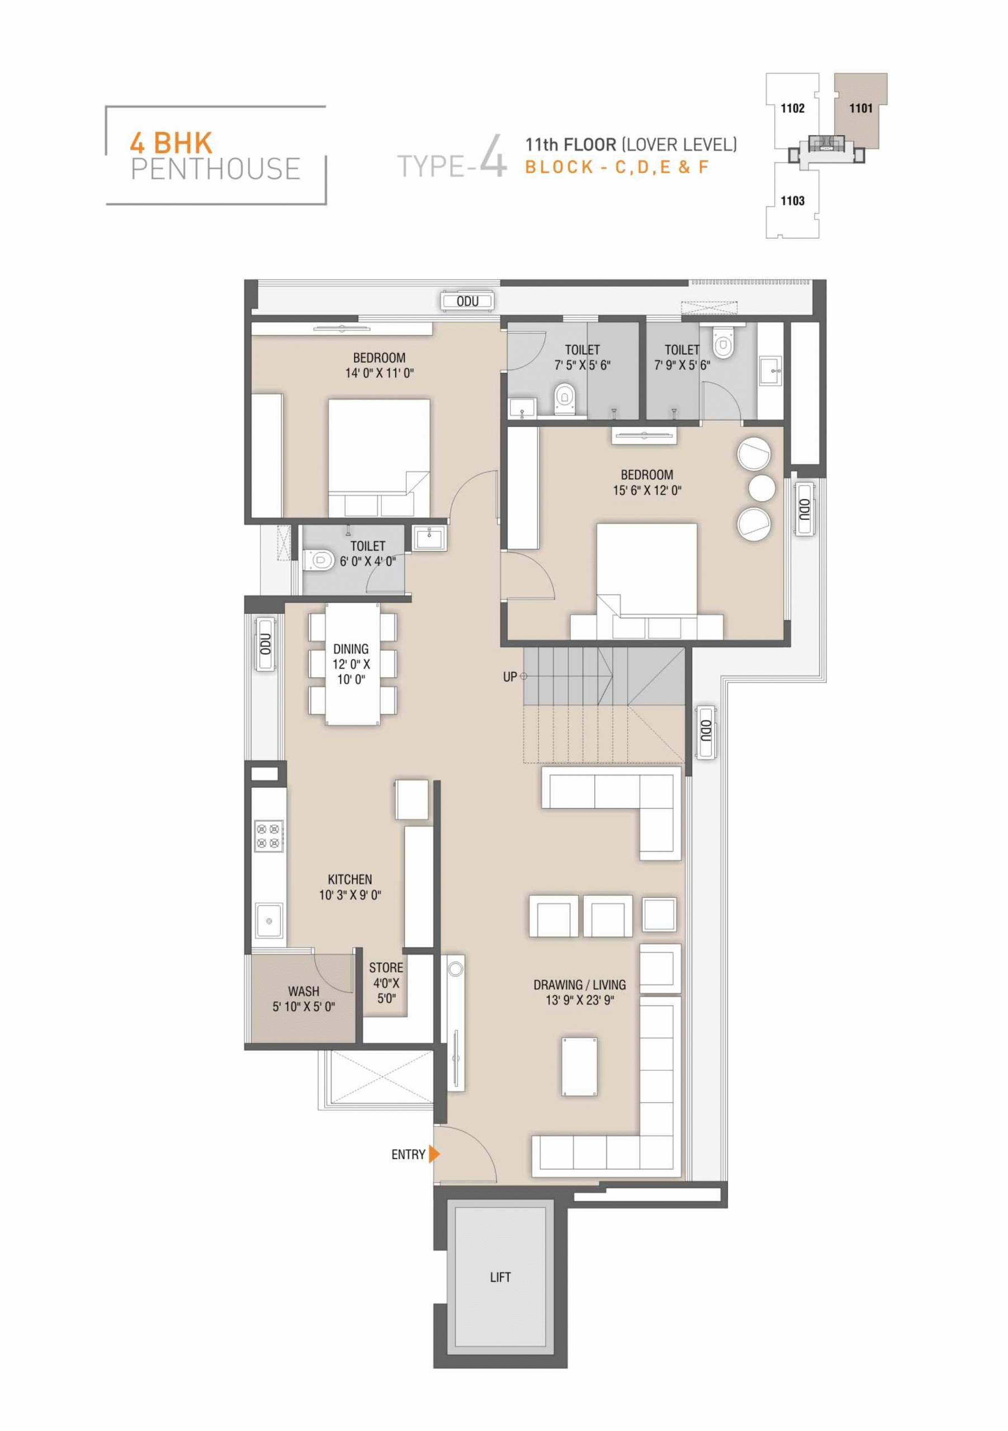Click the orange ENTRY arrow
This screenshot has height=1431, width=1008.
click(434, 1154)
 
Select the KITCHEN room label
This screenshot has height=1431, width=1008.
click(350, 879)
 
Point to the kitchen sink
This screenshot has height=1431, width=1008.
click(269, 921)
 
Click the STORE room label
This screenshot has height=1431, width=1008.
click(386, 967)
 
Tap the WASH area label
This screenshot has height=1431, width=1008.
click(304, 991)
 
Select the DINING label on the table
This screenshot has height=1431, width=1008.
click(351, 649)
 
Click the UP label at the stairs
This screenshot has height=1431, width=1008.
click(510, 677)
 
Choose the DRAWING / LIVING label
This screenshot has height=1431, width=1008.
click(580, 985)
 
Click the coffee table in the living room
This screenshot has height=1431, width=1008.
click(580, 1067)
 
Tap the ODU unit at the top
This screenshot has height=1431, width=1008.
click(467, 302)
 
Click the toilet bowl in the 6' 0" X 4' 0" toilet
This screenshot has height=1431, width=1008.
click(319, 560)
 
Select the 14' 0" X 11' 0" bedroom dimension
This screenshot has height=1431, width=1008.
click(380, 373)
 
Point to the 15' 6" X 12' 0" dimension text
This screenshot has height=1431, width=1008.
click(647, 490)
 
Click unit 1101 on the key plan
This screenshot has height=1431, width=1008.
click(861, 108)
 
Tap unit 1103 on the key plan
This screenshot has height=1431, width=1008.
click(792, 201)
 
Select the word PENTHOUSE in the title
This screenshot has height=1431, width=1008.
click(216, 169)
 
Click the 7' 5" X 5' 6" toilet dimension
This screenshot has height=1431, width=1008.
click(582, 365)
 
